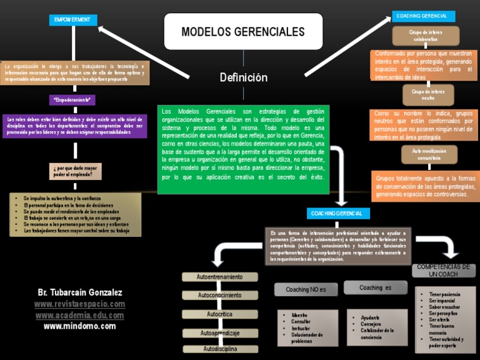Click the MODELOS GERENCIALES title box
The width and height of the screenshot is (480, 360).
243,32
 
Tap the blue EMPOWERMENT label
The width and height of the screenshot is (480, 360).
72,20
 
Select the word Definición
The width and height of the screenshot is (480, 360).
244,77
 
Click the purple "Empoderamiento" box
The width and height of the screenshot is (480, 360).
72,100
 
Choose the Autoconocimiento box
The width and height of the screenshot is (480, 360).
220,295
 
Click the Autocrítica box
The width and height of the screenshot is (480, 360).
221,314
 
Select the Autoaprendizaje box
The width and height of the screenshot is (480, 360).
221,333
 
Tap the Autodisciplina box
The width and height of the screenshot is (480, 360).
221,349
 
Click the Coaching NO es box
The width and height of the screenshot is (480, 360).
306,289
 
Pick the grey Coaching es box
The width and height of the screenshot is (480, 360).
376,288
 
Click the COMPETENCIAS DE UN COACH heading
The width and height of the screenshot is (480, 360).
443,271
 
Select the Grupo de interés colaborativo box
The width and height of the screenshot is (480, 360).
426,36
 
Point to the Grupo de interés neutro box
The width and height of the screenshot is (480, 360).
428,94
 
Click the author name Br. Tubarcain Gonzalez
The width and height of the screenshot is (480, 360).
79,292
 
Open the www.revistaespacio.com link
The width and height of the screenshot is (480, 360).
79,304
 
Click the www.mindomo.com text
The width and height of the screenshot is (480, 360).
79,326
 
